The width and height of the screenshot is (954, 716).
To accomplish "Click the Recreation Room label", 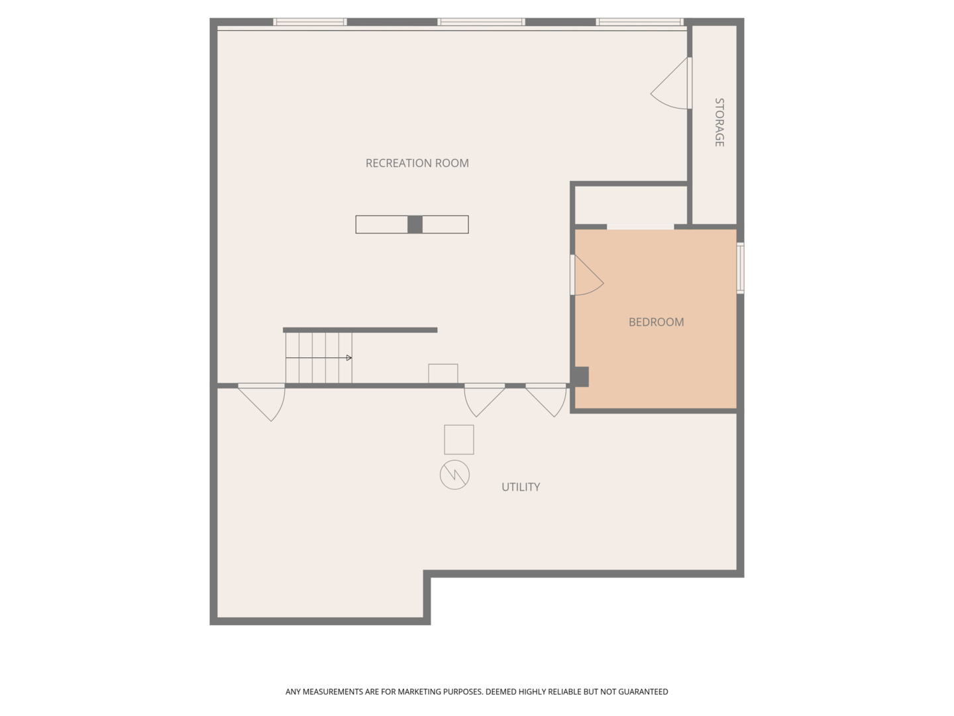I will (417, 163).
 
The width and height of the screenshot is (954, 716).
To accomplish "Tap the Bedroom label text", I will (656, 322).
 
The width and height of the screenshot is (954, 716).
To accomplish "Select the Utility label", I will (521, 487).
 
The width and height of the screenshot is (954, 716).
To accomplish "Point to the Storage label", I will (719, 122).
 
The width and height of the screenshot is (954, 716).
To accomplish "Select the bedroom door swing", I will (586, 276).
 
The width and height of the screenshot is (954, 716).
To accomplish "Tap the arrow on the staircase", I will (348, 358).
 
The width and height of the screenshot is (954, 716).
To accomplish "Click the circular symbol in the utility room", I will (454, 475).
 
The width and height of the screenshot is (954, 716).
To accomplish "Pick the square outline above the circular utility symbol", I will (459, 440).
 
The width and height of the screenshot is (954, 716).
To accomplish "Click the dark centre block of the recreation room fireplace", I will (415, 225).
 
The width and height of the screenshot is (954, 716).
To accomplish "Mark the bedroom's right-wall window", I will (741, 268).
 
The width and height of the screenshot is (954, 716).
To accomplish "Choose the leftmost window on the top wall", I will (310, 22).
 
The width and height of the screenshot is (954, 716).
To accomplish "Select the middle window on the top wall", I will (481, 22).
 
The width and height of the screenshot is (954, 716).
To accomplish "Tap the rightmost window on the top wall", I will (639, 22).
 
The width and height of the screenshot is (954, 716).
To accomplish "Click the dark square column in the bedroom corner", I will (581, 377).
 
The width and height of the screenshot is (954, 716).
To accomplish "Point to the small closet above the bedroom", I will (631, 205).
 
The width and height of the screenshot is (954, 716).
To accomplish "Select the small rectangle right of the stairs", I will (443, 373).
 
